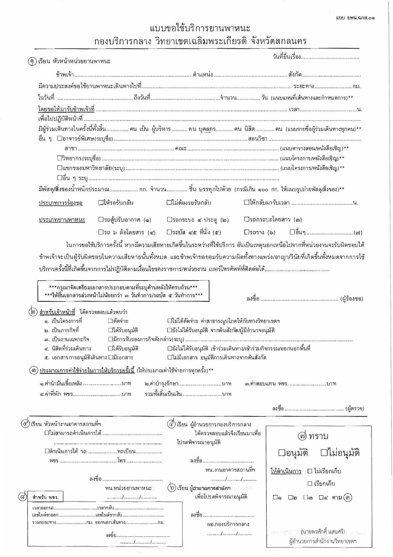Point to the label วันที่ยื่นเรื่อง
click(x=284, y=57)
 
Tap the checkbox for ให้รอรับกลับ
click(x=101, y=203)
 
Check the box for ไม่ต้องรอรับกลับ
click(x=169, y=203)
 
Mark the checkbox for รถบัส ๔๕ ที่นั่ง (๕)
click(x=169, y=232)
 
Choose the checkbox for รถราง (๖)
click(x=246, y=232)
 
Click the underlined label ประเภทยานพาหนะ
click(x=62, y=220)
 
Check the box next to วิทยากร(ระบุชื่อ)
click(x=59, y=158)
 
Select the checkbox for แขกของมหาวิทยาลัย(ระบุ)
click(x=59, y=168)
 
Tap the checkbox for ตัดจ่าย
click(x=110, y=321)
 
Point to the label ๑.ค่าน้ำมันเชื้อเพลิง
click(x=61, y=384)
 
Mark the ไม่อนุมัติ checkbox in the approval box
click(x=324, y=453)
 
